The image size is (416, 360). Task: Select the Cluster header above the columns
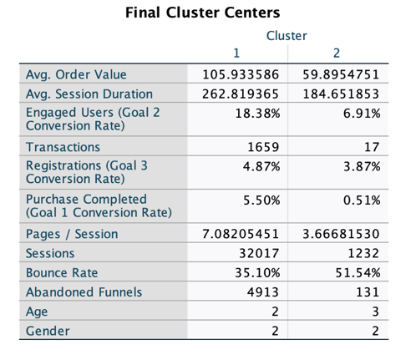[287, 36]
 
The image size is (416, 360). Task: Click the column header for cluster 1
[238, 54]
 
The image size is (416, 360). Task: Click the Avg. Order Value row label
[74, 74]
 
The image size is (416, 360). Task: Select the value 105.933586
[241, 74]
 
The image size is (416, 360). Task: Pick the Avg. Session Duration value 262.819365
[241, 94]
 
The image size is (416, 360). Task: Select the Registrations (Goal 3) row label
[87, 172]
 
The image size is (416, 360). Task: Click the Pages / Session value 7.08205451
[241, 234]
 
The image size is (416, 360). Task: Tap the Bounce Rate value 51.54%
[359, 272]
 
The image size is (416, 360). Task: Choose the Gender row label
[48, 331]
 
